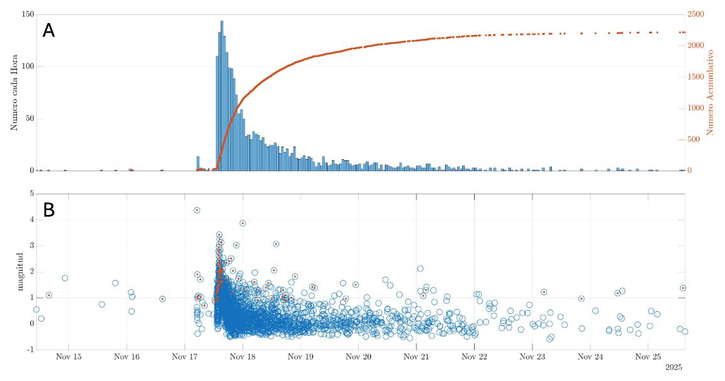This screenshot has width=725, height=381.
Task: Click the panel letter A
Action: coord(48,30)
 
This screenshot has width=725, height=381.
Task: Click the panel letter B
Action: coord(48,211)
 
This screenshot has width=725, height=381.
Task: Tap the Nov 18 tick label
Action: coord(243,357)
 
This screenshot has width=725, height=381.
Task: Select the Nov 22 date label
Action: coord(474,357)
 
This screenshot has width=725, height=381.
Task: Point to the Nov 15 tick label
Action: coord(69,357)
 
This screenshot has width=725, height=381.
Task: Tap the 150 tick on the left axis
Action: coord(26,14)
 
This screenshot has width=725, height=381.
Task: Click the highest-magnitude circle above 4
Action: coord(197,210)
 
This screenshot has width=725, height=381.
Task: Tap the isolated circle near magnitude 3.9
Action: coord(243,223)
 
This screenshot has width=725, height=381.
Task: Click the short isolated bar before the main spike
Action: coord(198,164)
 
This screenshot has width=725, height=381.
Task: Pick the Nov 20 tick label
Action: coord(358,357)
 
